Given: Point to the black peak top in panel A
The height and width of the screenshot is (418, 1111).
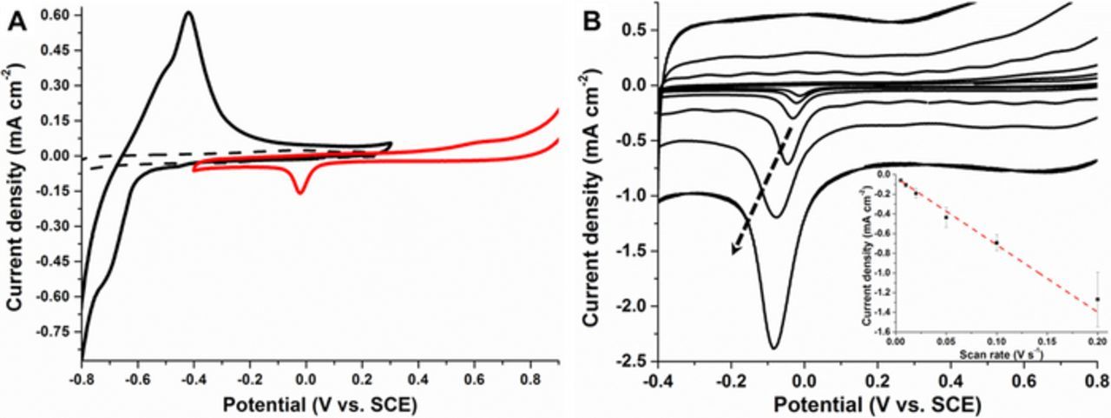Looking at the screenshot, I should tap(187, 12).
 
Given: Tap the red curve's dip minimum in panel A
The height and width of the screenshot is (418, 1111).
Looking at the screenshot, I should tap(301, 192).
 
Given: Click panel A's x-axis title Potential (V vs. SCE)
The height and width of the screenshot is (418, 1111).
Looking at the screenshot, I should tap(319, 404).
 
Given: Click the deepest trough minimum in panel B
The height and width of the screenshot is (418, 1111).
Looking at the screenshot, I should tap(772, 348).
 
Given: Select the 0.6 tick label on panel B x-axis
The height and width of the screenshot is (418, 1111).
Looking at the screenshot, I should tap(1024, 379).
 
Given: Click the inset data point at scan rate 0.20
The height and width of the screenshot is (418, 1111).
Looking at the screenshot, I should tap(1097, 299).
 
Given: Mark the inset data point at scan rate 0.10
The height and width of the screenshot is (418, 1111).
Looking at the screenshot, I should tap(996, 242).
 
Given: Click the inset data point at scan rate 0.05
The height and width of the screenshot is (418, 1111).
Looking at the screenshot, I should tap(945, 216).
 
